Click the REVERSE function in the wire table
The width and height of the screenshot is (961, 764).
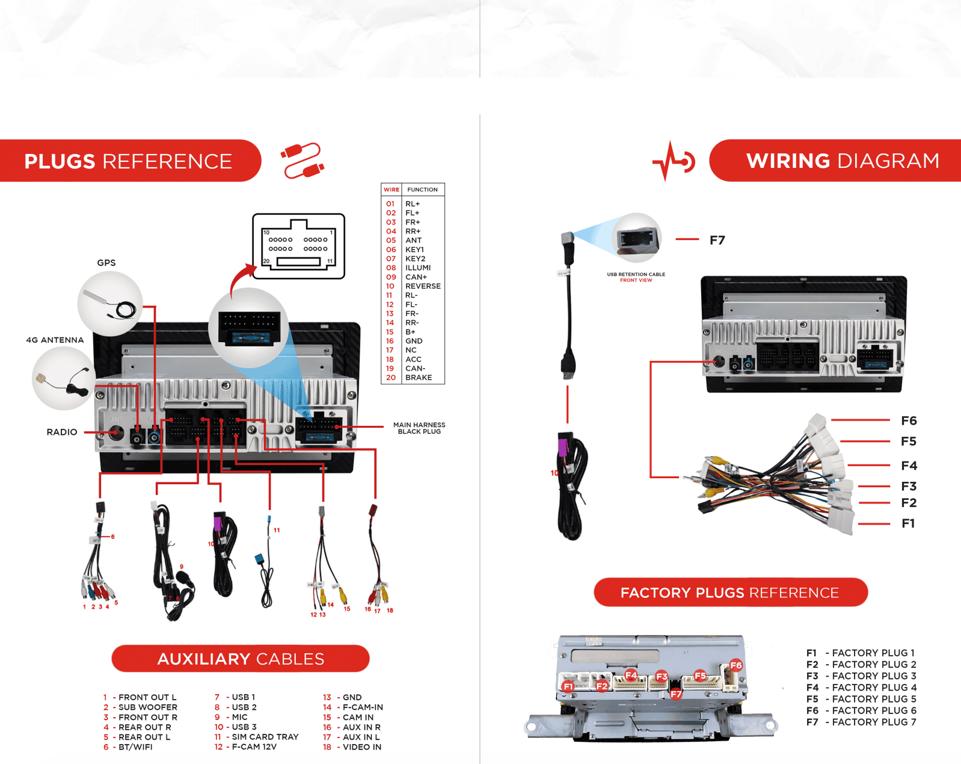422,286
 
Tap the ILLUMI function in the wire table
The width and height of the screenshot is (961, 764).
417,268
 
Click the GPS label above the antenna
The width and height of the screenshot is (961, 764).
106,263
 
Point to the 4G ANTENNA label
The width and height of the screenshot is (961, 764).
55,340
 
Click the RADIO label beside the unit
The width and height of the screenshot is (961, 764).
62,432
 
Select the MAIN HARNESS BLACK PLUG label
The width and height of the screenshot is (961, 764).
419,428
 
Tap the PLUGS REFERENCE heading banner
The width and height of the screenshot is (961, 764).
128,161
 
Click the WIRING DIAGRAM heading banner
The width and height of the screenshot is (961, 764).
842,161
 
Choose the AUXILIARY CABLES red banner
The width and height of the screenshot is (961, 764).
241,659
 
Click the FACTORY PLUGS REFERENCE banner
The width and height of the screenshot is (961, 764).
729,593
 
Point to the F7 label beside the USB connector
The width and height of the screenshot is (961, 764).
717,241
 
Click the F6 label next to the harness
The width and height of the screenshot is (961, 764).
908,421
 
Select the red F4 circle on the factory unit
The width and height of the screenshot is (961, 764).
631,675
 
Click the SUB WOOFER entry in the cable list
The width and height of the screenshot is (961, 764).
147,707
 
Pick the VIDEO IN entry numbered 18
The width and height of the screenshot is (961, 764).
361,747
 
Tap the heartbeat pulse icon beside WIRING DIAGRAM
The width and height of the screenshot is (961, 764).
673,161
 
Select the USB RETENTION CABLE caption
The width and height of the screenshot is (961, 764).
636,275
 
